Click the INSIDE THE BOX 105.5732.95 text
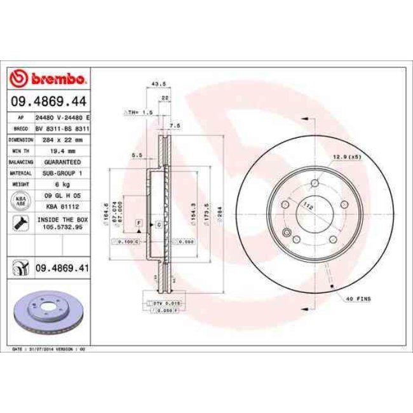click(62, 222)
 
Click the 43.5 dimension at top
click(152, 83)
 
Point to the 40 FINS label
click(359, 298)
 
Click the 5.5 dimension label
click(135, 154)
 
